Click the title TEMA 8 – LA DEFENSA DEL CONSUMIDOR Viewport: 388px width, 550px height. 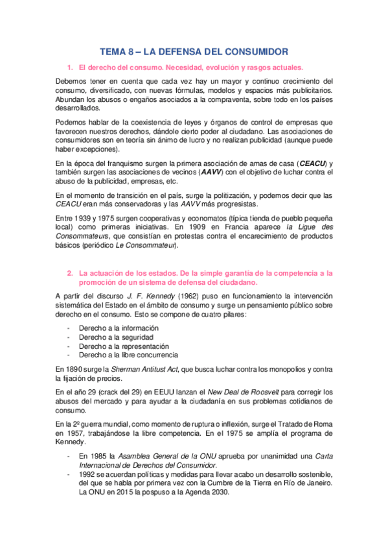point(194,51)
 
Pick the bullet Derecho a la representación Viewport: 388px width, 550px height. point(124,346)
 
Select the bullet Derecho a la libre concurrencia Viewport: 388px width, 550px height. point(128,355)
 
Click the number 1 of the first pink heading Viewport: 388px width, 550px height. point(70,67)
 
